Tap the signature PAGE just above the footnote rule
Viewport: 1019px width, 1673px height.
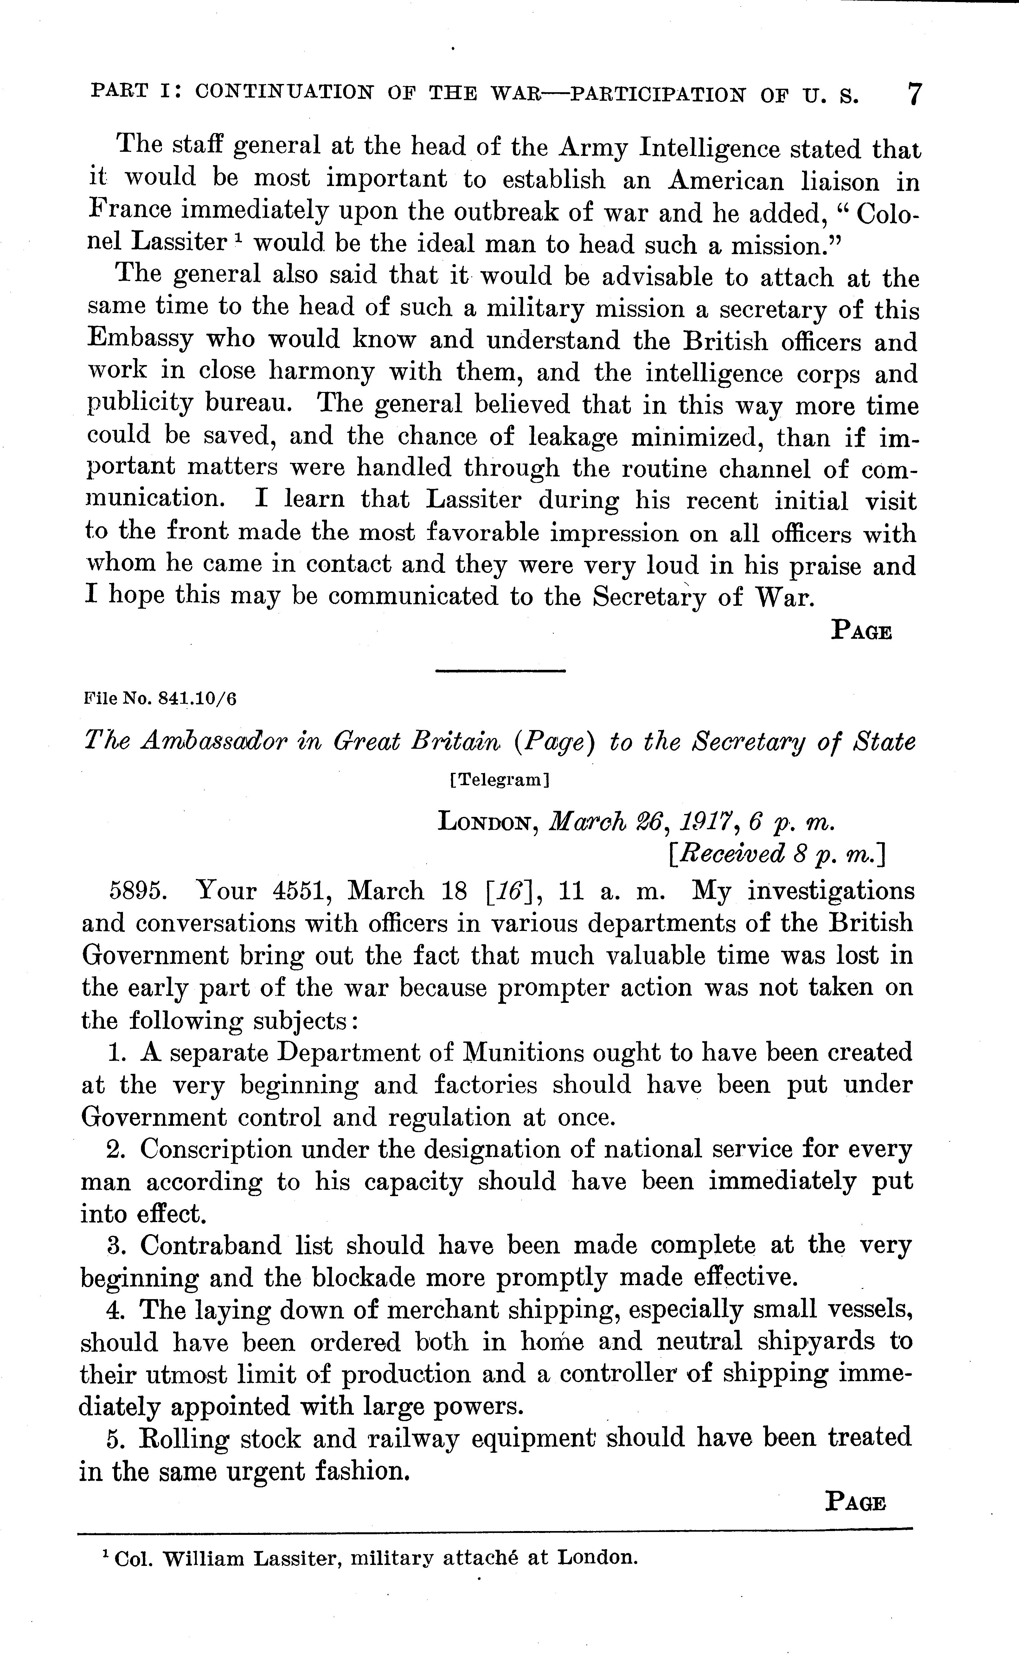[x=856, y=1503]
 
